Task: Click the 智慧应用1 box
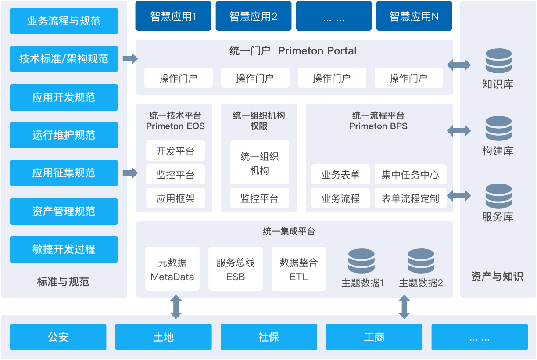click(173, 16)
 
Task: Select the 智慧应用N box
click(414, 16)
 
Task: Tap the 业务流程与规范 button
click(64, 21)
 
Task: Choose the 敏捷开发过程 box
click(64, 249)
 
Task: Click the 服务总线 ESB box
click(236, 269)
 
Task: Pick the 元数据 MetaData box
click(172, 269)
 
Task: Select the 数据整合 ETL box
click(299, 269)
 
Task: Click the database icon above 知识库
click(499, 61)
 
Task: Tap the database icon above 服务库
click(499, 196)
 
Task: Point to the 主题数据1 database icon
click(362, 261)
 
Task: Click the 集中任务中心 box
click(410, 174)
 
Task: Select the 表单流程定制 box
click(410, 198)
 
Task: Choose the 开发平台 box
click(175, 151)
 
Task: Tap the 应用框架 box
click(175, 198)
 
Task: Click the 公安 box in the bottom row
click(58, 337)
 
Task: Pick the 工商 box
click(374, 337)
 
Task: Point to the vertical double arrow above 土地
click(176, 307)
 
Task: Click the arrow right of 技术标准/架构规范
click(130, 59)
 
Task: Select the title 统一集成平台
click(289, 231)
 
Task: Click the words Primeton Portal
click(317, 51)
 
